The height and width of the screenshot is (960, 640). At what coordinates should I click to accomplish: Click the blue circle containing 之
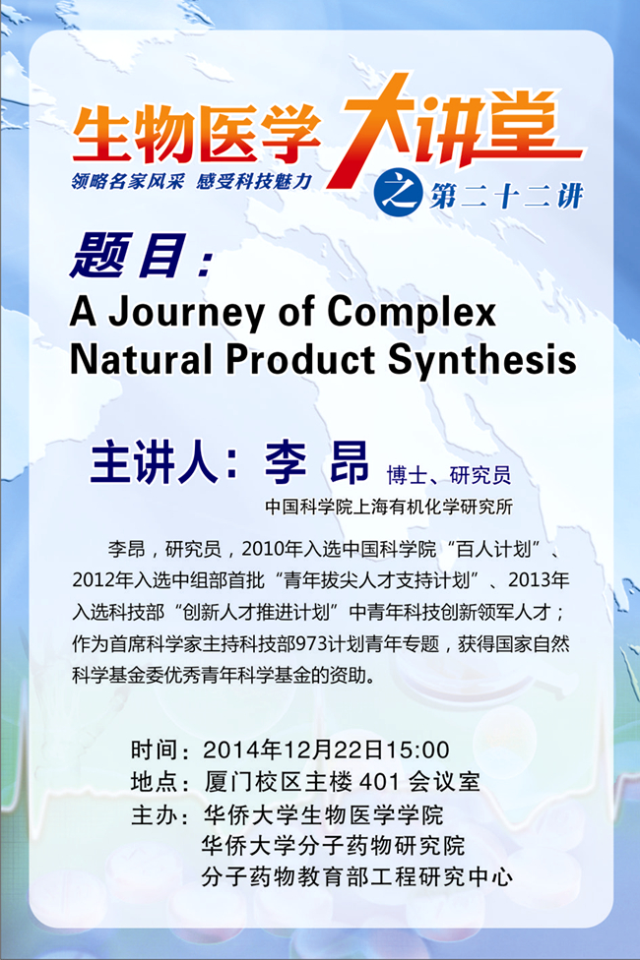(398, 193)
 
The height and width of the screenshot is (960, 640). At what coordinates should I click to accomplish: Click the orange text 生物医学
(196, 134)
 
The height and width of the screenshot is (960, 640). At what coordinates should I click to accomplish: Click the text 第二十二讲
(506, 196)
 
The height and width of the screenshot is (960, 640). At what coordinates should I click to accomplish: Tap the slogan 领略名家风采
(128, 181)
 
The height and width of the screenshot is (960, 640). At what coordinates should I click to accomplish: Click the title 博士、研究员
(449, 474)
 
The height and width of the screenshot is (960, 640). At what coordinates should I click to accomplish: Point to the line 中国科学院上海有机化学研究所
(389, 507)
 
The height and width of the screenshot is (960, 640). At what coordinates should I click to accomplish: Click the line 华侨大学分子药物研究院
(333, 846)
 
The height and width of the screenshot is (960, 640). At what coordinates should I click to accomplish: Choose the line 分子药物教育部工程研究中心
(357, 877)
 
